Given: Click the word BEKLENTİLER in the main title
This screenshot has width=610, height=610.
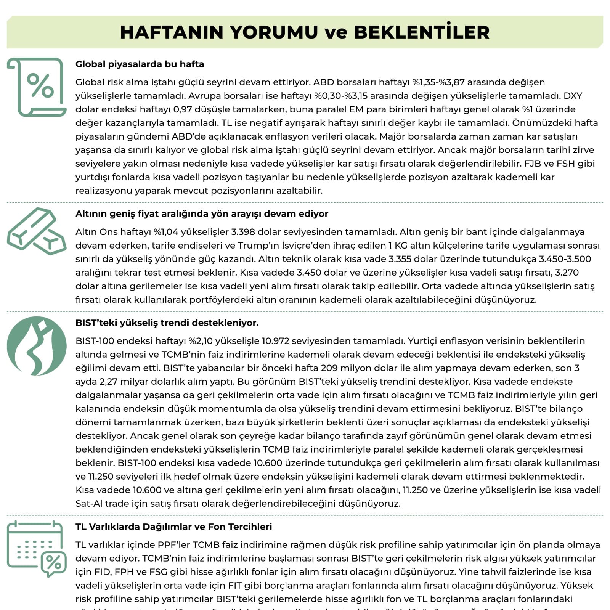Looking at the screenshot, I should [422, 32].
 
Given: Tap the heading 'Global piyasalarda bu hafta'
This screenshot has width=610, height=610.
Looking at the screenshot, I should [140, 64].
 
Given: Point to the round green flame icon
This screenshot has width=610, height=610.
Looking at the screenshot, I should [37, 346].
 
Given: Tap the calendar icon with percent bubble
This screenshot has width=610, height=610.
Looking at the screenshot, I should [37, 548].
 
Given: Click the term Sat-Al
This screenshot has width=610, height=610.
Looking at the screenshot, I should [89, 504].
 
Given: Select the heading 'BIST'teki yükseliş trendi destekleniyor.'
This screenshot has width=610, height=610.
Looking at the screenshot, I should [167, 323].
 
